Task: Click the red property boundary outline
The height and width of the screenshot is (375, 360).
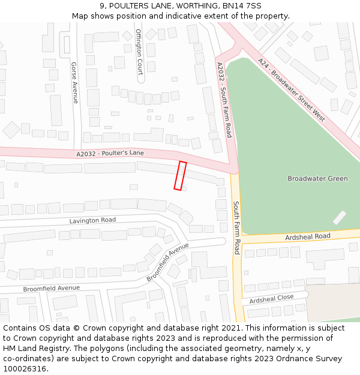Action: [180, 175]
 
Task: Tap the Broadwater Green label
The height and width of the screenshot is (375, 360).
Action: [317, 179]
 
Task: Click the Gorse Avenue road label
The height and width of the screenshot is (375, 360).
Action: [74, 82]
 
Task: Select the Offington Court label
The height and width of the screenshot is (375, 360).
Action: [139, 47]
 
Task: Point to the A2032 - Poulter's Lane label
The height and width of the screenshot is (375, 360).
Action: [110, 154]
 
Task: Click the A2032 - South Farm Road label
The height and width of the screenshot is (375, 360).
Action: [224, 100]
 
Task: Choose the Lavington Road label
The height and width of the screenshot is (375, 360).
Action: [92, 220]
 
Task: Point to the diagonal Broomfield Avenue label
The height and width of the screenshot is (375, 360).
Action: [168, 262]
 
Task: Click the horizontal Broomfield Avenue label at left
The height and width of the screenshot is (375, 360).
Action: [51, 288]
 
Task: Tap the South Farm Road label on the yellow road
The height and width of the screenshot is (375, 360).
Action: [236, 227]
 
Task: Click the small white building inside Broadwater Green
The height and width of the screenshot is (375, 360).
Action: [340, 218]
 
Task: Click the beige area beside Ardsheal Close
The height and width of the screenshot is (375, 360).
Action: [333, 302]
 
